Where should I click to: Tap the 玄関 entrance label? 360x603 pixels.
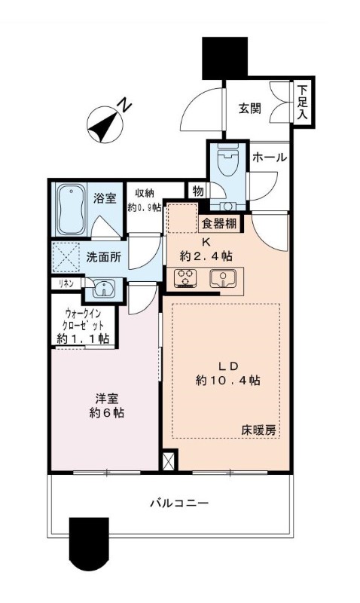pos(250,109)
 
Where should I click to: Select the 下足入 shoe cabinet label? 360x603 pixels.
pos(304,102)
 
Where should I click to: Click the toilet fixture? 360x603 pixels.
pos(228,159)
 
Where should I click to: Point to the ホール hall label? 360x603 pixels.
pos(270,158)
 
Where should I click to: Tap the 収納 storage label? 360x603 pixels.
pos(144,194)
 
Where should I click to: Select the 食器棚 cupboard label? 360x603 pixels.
pos(219,223)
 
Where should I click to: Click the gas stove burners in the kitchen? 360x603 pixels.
pos(185,277)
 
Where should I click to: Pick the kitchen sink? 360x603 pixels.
pos(221,278)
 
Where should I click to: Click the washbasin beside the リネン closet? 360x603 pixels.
pos(102,289)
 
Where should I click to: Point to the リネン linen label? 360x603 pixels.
pos(66,283)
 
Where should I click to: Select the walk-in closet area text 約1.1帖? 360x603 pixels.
pos(83,338)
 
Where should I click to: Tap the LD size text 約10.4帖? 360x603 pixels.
pos(228,381)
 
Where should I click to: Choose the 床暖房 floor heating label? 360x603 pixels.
pos(258,430)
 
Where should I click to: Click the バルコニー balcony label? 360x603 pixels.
pos(178,503)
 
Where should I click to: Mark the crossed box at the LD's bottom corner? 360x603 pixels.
pos(169,461)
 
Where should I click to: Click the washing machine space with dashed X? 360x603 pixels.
pos(66,257)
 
